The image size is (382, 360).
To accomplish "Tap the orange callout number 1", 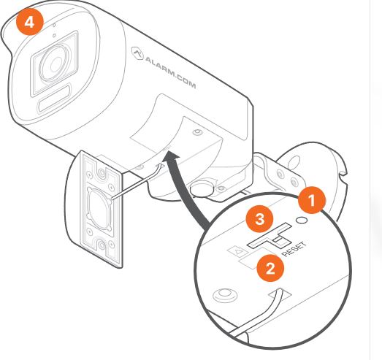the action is tap(312, 200).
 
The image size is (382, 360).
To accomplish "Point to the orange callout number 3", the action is tap(259, 218).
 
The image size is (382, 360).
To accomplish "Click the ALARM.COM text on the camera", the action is tap(170, 72).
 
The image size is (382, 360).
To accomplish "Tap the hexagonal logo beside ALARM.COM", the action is tap(137, 53).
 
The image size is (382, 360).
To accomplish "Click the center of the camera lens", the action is tap(56, 64).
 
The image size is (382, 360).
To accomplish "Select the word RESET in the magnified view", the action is tap(294, 249).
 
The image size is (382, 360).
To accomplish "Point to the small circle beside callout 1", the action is tap(302, 220).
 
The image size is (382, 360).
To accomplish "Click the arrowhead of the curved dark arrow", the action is tap(172, 156).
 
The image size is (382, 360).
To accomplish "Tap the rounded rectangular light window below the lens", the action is tap(55, 98).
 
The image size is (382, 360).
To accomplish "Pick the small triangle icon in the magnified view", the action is tap(239, 251).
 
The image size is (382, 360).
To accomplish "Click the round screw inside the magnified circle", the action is tap(225, 295).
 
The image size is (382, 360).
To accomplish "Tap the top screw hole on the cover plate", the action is tap(101, 173).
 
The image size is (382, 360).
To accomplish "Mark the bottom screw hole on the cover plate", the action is tap(102, 244).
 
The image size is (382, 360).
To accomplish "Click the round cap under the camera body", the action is tap(202, 188).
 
